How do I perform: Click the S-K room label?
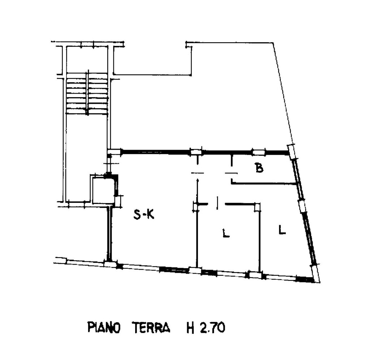[144, 215]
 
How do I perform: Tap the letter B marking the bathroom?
[259, 168]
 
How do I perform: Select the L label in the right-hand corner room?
[282, 230]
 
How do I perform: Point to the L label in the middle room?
[226, 233]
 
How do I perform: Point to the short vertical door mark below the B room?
[217, 203]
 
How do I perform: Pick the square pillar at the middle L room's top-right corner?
[257, 207]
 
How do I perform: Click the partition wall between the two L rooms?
[259, 239]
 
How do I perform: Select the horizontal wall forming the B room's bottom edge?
[263, 183]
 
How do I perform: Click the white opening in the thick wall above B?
[258, 153]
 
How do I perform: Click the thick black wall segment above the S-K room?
[156, 152]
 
